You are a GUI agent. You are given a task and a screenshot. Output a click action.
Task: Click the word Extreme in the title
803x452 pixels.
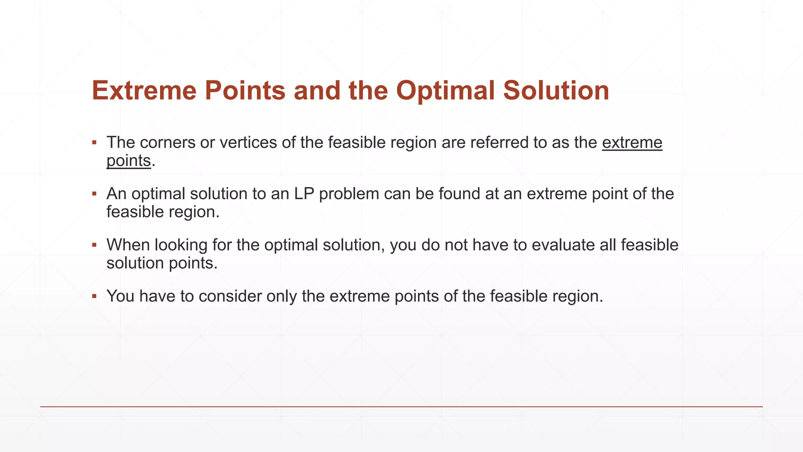click(x=144, y=91)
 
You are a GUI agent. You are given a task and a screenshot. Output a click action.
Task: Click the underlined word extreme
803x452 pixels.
click(x=632, y=142)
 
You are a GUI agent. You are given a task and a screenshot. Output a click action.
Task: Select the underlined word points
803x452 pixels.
click(x=129, y=160)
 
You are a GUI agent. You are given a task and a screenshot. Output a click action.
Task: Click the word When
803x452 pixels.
click(x=128, y=245)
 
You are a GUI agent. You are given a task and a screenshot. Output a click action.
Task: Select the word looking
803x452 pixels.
click(x=181, y=245)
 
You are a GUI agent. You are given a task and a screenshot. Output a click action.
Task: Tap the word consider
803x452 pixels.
click(x=230, y=296)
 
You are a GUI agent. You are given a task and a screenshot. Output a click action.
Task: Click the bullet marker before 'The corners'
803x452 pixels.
click(x=94, y=142)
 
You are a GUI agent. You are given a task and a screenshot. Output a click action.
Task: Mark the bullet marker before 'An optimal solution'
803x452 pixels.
click(x=94, y=193)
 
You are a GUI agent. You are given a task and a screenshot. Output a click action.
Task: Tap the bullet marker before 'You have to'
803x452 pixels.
click(x=94, y=296)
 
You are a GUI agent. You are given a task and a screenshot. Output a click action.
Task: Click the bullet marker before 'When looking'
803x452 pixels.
click(x=94, y=245)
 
